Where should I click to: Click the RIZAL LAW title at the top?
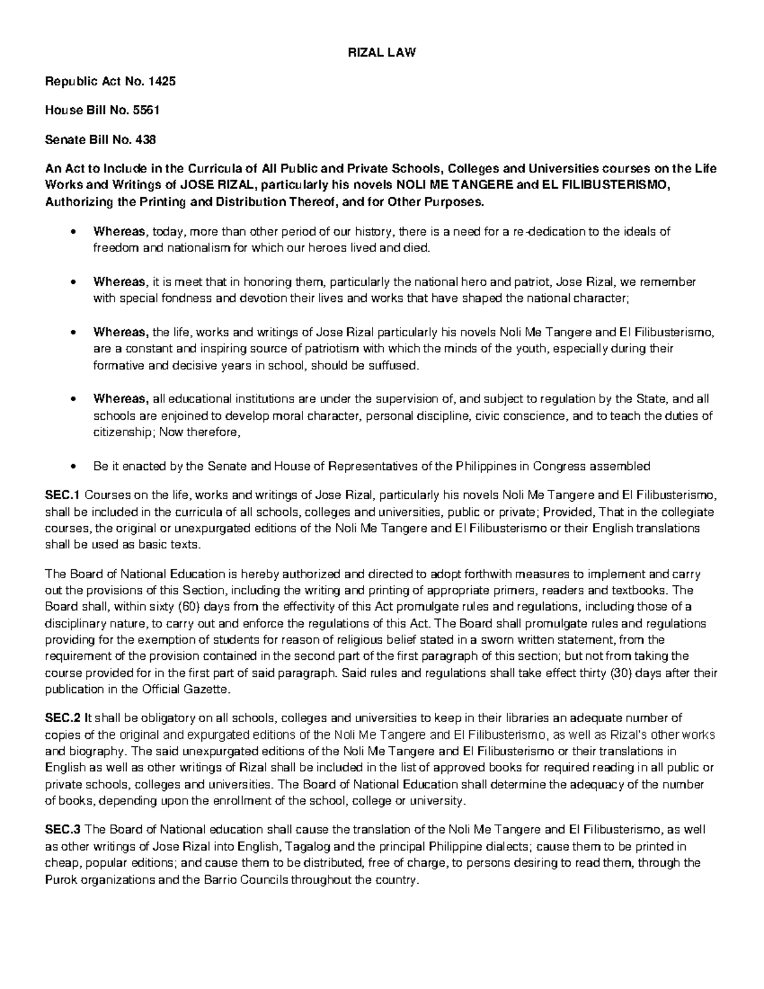coord(381,53)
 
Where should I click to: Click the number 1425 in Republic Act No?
coord(162,82)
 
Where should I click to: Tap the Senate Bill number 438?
coord(144,139)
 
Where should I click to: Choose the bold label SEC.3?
coord(62,830)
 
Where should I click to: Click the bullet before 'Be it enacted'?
coord(74,467)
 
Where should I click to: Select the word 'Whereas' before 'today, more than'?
coord(119,231)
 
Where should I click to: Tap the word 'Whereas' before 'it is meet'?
coord(119,282)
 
